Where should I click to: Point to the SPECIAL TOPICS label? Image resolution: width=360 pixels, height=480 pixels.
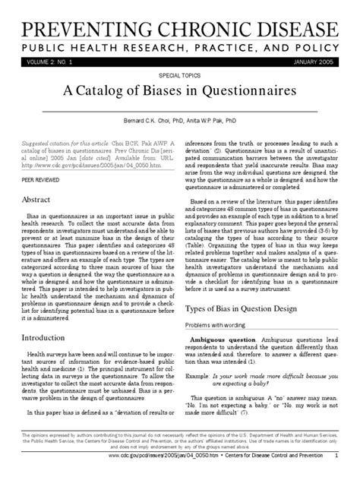tap(179, 77)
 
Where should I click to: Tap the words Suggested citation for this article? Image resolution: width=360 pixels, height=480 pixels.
tap(77, 141)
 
